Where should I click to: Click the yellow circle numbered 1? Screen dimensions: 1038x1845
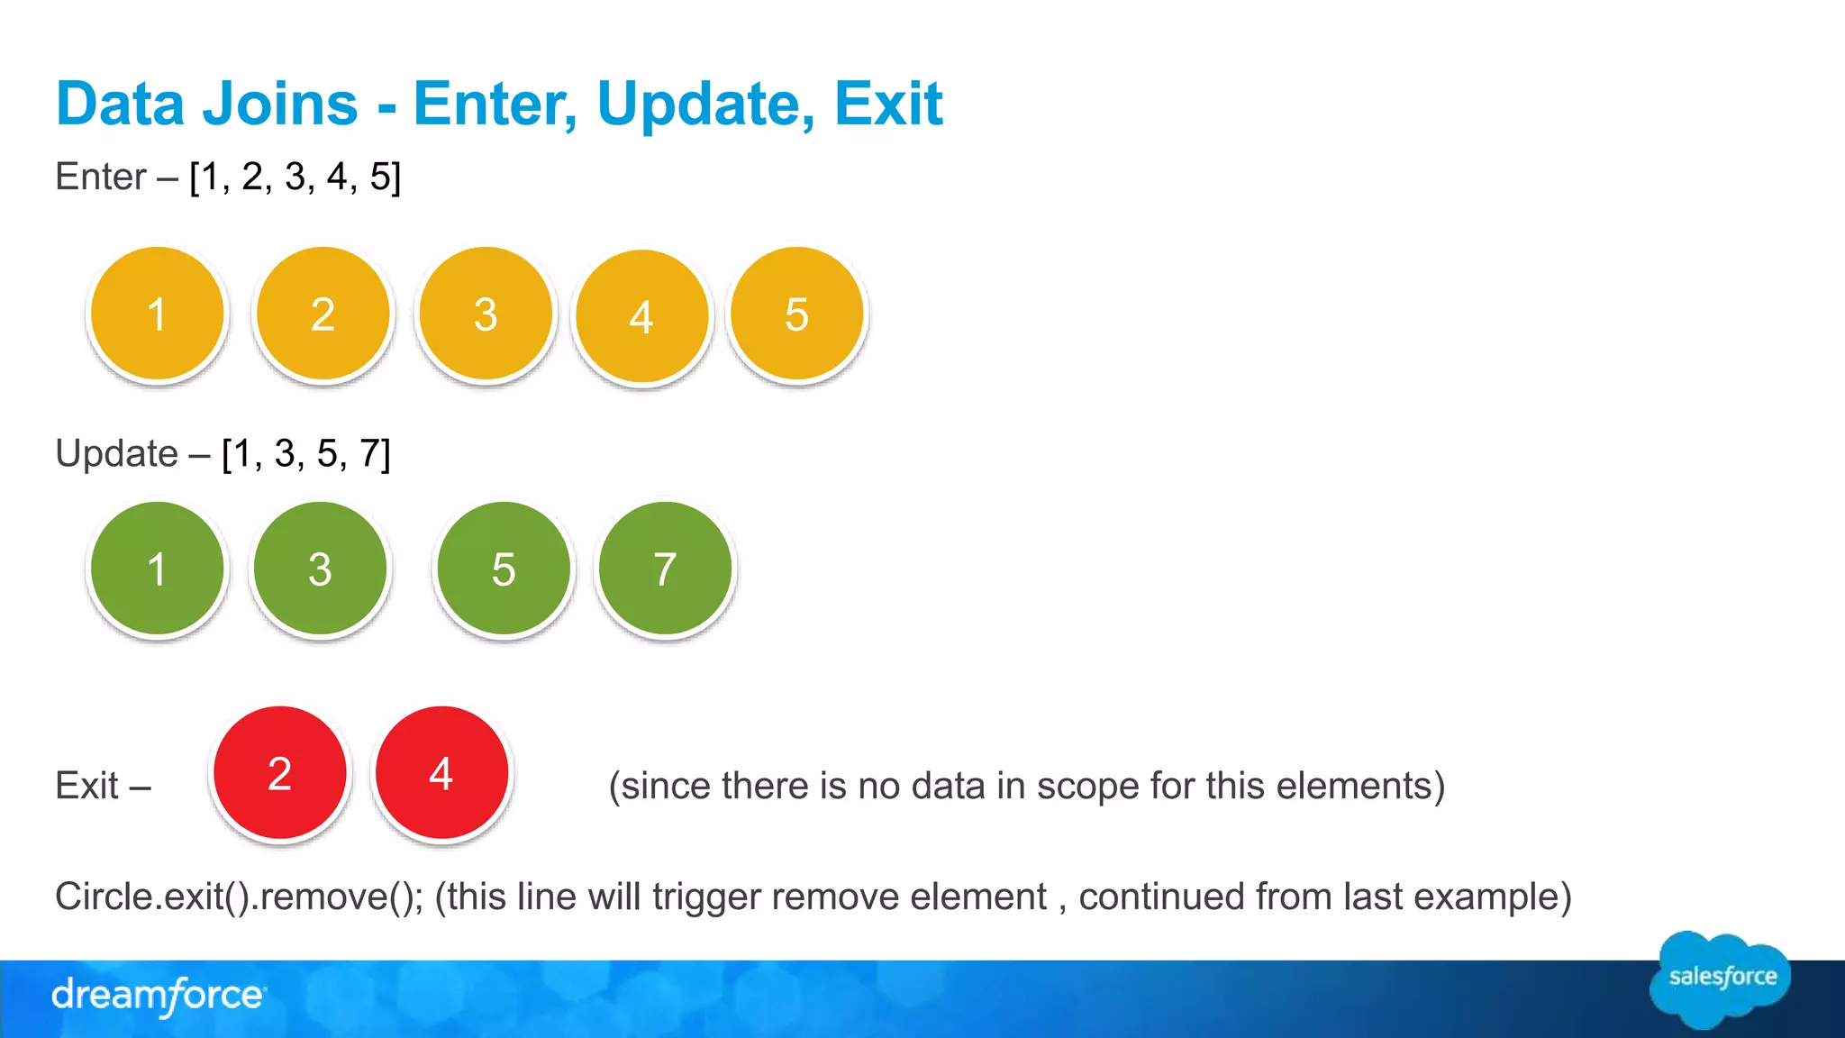click(158, 314)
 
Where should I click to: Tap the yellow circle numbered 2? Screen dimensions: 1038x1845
click(323, 314)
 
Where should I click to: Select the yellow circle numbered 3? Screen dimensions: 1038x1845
click(486, 314)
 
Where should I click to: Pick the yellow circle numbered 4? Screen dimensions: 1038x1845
click(641, 316)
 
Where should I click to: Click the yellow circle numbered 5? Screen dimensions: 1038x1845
click(796, 314)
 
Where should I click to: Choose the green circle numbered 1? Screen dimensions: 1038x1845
click(158, 569)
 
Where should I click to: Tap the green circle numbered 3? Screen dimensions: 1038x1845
click(320, 569)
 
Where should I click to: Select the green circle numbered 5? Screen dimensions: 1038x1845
click(504, 569)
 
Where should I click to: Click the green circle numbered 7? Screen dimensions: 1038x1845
click(665, 569)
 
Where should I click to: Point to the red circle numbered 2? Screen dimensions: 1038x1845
click(280, 773)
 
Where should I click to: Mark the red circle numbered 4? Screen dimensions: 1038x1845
click(441, 773)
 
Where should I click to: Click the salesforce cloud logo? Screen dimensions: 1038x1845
click(1721, 979)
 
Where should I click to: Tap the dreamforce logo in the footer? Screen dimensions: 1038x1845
click(159, 996)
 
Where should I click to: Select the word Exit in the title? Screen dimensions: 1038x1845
click(887, 105)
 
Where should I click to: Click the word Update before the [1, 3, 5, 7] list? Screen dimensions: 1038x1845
click(116, 453)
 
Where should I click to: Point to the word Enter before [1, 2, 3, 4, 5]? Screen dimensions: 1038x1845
click(100, 177)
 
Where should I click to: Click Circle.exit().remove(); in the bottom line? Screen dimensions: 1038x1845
click(239, 897)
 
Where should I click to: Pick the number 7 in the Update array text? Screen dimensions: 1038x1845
click(370, 453)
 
